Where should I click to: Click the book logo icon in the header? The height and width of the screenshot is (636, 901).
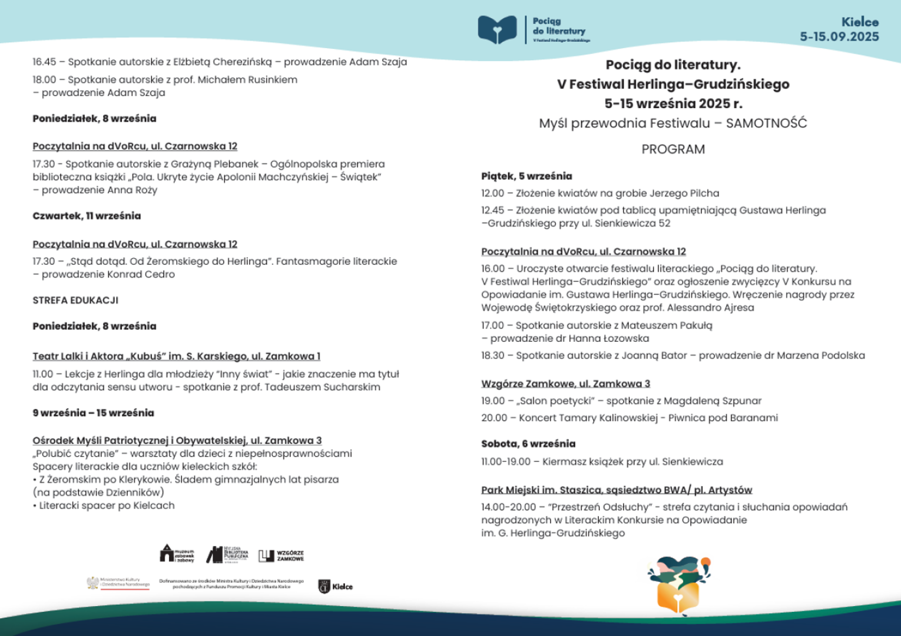[497, 30]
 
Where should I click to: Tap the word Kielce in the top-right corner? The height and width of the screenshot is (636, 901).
[860, 22]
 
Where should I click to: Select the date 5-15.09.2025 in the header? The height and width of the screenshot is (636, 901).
[839, 36]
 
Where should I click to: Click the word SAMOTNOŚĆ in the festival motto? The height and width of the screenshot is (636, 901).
[766, 124]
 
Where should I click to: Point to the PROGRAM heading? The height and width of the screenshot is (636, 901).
[673, 149]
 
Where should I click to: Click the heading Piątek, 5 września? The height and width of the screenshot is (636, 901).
[526, 176]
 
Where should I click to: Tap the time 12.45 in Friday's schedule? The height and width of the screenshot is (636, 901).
[492, 210]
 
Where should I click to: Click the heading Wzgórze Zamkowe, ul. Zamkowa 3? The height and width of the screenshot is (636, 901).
[565, 384]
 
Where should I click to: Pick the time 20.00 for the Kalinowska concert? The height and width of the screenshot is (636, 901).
[493, 418]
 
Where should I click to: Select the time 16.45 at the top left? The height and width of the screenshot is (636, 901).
[44, 62]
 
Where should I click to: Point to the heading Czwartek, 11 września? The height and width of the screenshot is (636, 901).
[87, 216]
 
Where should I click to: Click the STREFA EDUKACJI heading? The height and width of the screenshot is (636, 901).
[75, 300]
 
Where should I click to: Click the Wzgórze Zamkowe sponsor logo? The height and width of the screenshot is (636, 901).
[281, 555]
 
